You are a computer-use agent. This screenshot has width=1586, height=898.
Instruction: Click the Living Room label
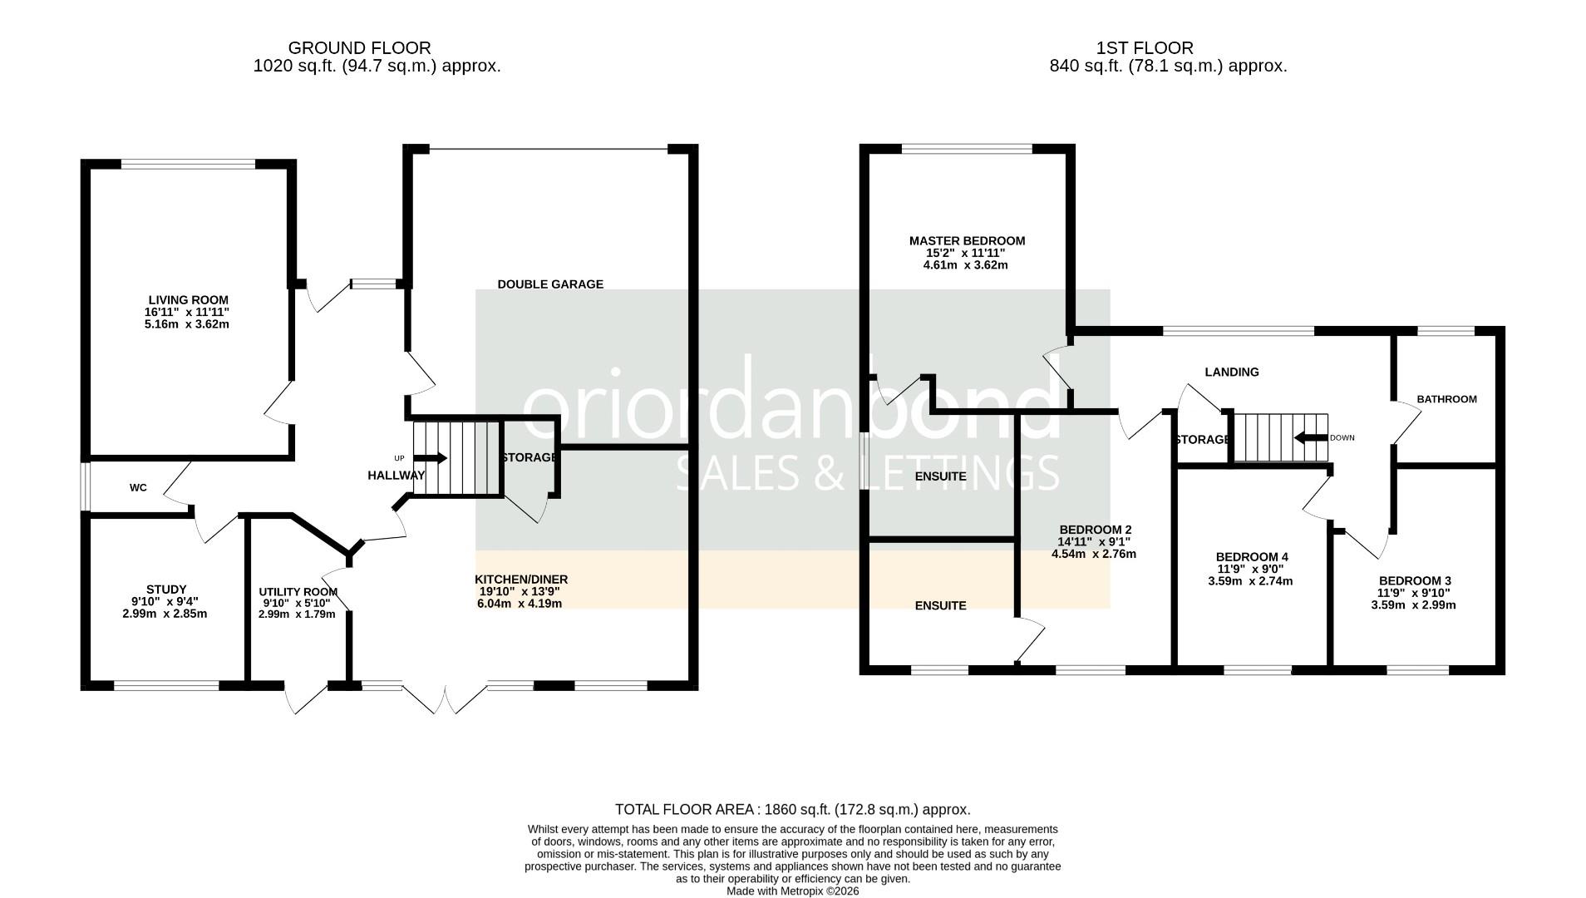pyautogui.click(x=188, y=300)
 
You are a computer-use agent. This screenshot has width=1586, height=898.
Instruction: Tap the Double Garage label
pyautogui.click(x=550, y=284)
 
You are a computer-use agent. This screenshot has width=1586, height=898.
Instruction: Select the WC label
pyautogui.click(x=138, y=488)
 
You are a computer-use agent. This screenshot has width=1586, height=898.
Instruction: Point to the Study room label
pyautogui.click(x=166, y=590)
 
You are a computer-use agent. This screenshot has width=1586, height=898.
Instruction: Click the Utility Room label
pyautogui.click(x=298, y=592)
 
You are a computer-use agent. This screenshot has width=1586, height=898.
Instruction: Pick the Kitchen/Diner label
pyautogui.click(x=521, y=580)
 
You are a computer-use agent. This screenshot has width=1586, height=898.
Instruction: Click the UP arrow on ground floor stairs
pyautogui.click(x=431, y=458)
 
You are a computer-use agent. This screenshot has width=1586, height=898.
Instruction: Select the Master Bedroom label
pyautogui.click(x=967, y=241)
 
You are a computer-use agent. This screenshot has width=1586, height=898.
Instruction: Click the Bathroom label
pyautogui.click(x=1446, y=399)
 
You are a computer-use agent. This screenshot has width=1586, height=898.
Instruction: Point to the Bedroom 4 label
pyautogui.click(x=1251, y=557)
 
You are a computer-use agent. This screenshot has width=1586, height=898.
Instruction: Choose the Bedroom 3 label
pyautogui.click(x=1414, y=581)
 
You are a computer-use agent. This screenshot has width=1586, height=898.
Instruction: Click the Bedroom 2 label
pyautogui.click(x=1095, y=530)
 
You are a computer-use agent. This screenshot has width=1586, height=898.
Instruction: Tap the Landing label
pyautogui.click(x=1232, y=373)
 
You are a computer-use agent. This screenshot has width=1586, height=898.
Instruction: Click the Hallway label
pyautogui.click(x=396, y=476)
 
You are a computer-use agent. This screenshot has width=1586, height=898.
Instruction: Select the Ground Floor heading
pyautogui.click(x=359, y=48)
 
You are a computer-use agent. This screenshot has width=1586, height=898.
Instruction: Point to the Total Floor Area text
pyautogui.click(x=793, y=809)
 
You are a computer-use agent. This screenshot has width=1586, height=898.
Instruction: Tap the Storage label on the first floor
pyautogui.click(x=1202, y=439)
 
